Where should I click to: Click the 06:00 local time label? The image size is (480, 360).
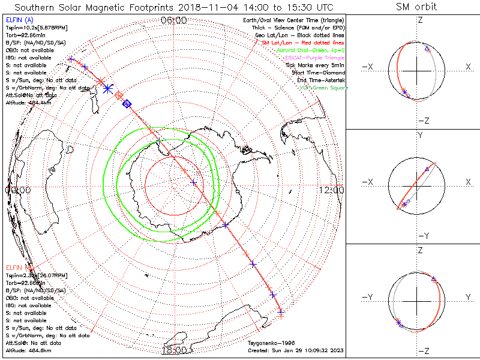[174, 20]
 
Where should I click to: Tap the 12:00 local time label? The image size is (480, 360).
[331, 190]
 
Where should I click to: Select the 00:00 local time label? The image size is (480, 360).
[17, 190]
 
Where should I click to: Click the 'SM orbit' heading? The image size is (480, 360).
[416, 7]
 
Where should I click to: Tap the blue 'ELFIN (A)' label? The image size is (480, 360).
[19, 20]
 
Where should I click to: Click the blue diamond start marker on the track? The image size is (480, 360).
[127, 104]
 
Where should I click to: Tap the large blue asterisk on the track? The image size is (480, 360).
[108, 89]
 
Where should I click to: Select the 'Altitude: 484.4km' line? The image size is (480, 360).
[27, 103]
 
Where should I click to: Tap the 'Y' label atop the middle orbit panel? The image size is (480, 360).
[419, 136]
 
